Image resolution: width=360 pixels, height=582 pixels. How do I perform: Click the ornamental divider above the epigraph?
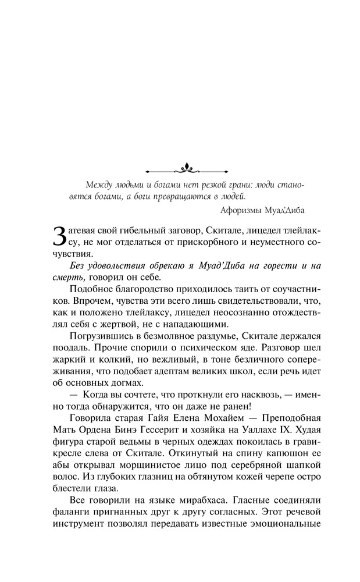(x=187, y=169)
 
